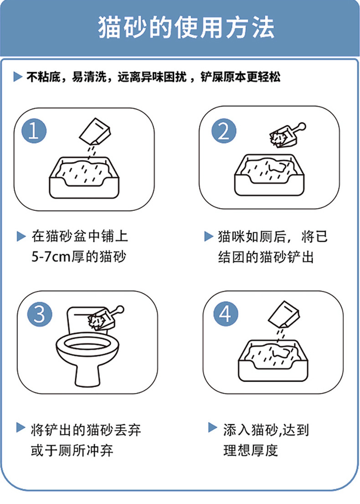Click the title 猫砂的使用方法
186,27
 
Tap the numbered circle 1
34,131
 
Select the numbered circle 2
224,131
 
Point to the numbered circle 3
40,314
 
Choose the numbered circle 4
226,314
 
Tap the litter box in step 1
84,177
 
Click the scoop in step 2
287,135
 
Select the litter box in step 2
269,175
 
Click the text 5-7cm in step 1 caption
51,257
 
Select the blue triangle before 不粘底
18,77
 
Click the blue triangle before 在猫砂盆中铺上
21,236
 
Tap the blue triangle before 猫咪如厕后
209,236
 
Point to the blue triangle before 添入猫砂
213,427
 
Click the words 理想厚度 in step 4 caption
251,450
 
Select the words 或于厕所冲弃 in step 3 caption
72,450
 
